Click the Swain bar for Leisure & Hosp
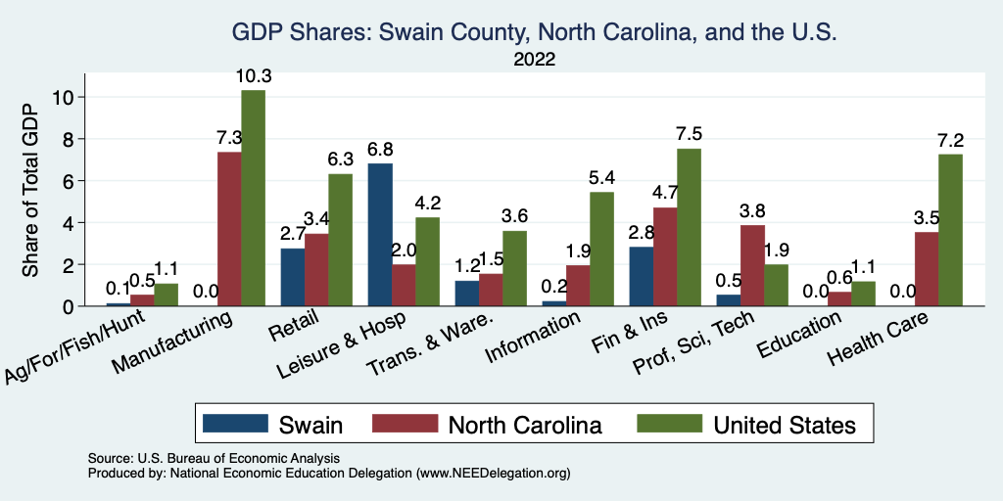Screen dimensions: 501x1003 379,235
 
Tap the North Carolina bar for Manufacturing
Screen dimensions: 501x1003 229,229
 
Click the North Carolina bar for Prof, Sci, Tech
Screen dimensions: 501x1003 752,265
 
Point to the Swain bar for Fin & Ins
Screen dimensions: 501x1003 642,276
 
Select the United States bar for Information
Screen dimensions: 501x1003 601,249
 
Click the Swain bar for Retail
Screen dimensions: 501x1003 292,277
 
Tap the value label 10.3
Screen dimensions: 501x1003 253,75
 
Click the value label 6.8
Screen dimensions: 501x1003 379,149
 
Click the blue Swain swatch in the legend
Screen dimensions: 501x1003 234,424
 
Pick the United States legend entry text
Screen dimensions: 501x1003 785,424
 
